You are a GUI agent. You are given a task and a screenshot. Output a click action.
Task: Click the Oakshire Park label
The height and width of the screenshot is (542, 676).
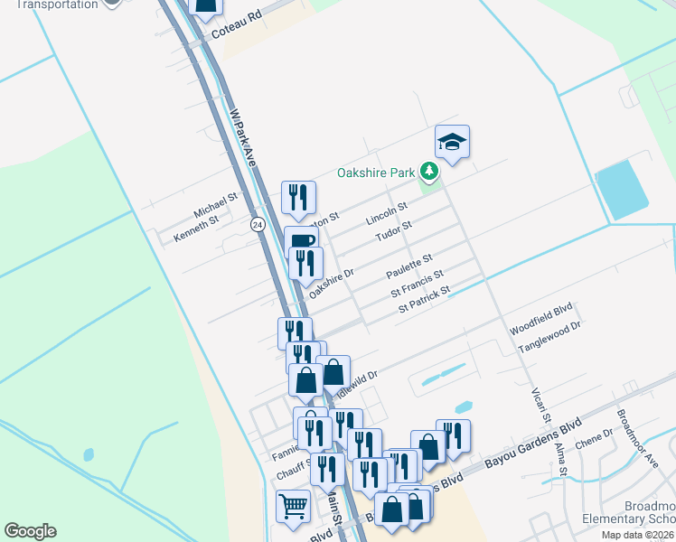[375, 172]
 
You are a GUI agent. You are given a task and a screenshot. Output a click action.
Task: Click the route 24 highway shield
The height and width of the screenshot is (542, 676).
[258, 225]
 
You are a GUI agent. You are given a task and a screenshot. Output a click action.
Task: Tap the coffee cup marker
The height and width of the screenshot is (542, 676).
[302, 241]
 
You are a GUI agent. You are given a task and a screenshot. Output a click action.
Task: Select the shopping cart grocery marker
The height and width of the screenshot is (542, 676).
[293, 508]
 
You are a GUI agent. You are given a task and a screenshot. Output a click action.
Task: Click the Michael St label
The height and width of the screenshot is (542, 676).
[215, 203]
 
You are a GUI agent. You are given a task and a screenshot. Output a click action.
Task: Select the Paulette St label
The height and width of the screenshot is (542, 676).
[409, 266]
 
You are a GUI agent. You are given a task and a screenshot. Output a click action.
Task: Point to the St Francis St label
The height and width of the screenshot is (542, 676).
[417, 284]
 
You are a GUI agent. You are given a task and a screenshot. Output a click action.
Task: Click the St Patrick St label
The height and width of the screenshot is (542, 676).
[425, 301]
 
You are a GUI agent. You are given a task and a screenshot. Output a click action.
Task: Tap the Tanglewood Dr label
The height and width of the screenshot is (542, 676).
[549, 335]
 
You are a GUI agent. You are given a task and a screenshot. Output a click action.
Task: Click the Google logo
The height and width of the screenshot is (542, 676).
[30, 530]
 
